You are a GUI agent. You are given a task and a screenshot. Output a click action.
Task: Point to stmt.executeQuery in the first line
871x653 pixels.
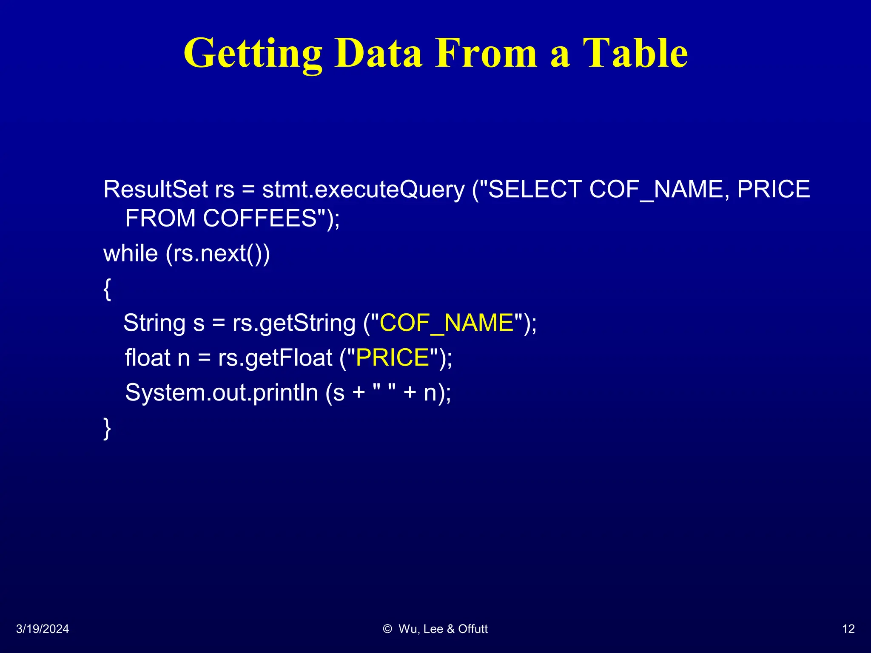[x=363, y=189]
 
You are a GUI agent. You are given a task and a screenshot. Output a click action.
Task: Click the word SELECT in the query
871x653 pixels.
[x=535, y=189]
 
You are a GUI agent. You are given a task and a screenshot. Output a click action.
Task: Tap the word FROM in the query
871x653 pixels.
[x=160, y=218]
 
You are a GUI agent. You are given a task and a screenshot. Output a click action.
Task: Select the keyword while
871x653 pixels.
[x=131, y=253]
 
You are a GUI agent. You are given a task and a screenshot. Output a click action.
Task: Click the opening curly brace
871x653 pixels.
[x=108, y=289]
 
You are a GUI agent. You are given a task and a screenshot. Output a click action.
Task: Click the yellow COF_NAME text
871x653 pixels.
[x=447, y=323]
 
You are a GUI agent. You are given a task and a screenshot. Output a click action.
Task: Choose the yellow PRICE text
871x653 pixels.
[x=392, y=358]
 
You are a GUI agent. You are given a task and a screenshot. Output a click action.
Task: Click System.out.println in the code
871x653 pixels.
[x=221, y=392]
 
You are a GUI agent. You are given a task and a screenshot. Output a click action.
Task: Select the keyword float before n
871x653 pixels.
[x=148, y=358]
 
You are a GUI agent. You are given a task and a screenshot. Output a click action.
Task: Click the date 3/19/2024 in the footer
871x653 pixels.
[x=43, y=629]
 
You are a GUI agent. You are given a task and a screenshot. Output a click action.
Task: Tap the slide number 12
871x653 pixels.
[x=848, y=629]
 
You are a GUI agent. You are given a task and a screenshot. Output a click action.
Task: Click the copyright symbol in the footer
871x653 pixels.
[x=387, y=629]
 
